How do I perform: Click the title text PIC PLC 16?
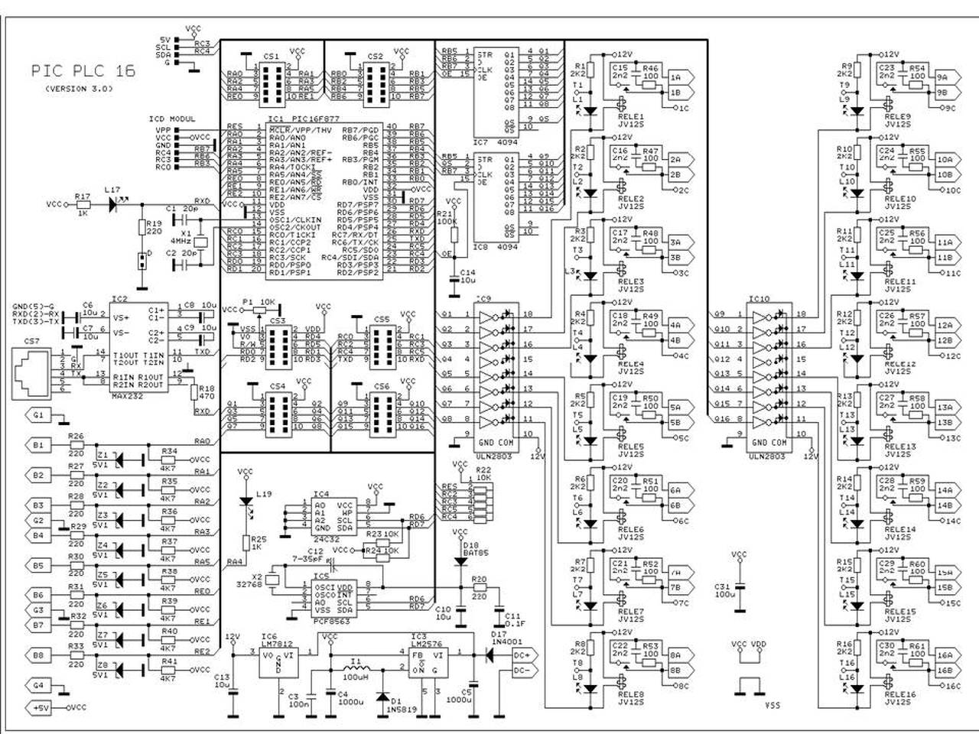pyautogui.click(x=83, y=71)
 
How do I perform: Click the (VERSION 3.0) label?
pyautogui.click(x=78, y=89)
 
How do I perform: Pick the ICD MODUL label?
pyautogui.click(x=171, y=119)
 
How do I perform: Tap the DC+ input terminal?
pyautogui.click(x=524, y=655)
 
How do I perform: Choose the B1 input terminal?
pyautogui.click(x=38, y=445)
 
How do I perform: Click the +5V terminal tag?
pyautogui.click(x=40, y=708)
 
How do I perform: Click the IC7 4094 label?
pyautogui.click(x=492, y=142)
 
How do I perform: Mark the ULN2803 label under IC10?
pyautogui.click(x=766, y=456)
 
